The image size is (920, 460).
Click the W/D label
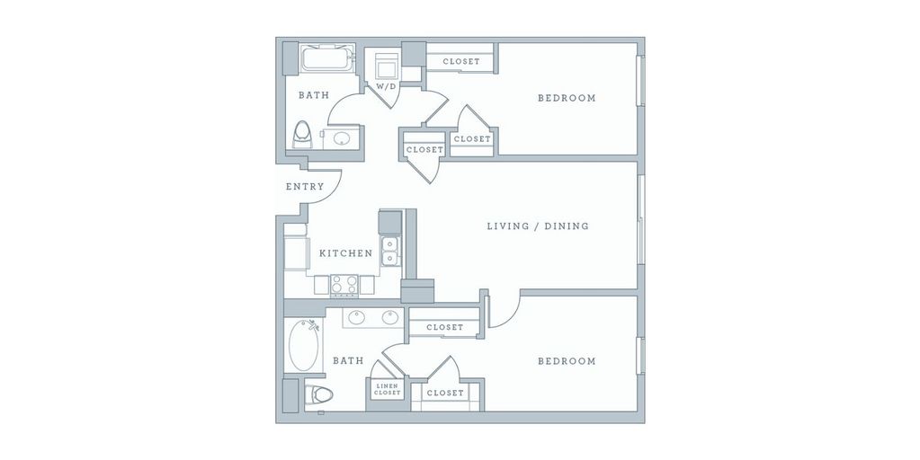386,86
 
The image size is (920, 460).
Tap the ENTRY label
305,187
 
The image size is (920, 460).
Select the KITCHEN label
346,253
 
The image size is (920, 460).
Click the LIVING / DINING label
538,226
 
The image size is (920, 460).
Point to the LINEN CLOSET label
388,390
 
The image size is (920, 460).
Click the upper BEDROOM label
567,98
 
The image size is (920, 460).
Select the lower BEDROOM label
567,361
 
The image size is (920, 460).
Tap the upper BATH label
314,94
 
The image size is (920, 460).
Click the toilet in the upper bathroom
302,136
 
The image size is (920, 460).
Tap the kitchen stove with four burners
344,285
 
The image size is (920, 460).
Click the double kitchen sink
390,252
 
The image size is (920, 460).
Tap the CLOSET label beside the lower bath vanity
444,327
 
